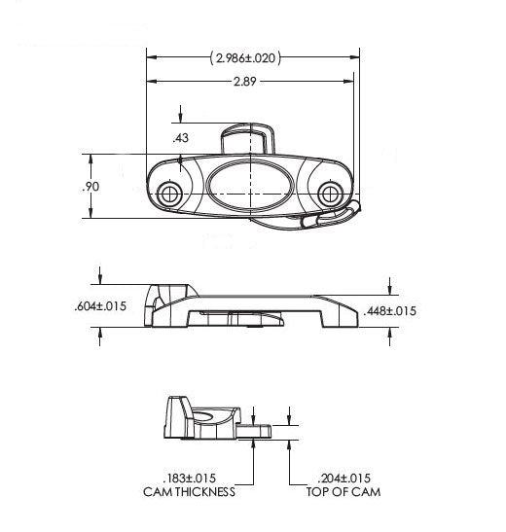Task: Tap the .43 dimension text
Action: coord(179,138)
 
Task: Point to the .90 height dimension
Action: coord(80,186)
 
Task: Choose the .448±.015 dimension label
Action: coord(389,311)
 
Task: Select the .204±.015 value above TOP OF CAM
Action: coord(343,478)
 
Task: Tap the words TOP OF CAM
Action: coord(343,492)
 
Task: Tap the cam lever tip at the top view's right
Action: coord(343,215)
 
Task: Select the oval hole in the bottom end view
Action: coord(206,416)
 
